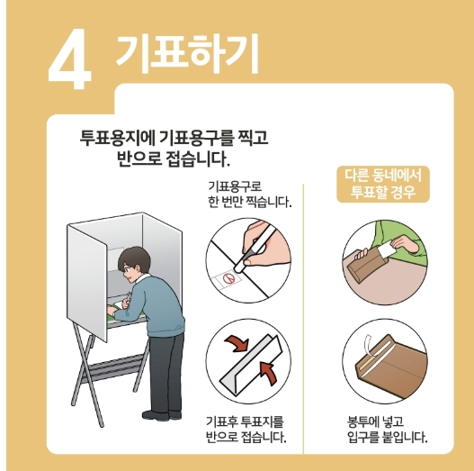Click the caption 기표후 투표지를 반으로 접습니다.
(x=246, y=430)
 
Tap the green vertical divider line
(x=303, y=315)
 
